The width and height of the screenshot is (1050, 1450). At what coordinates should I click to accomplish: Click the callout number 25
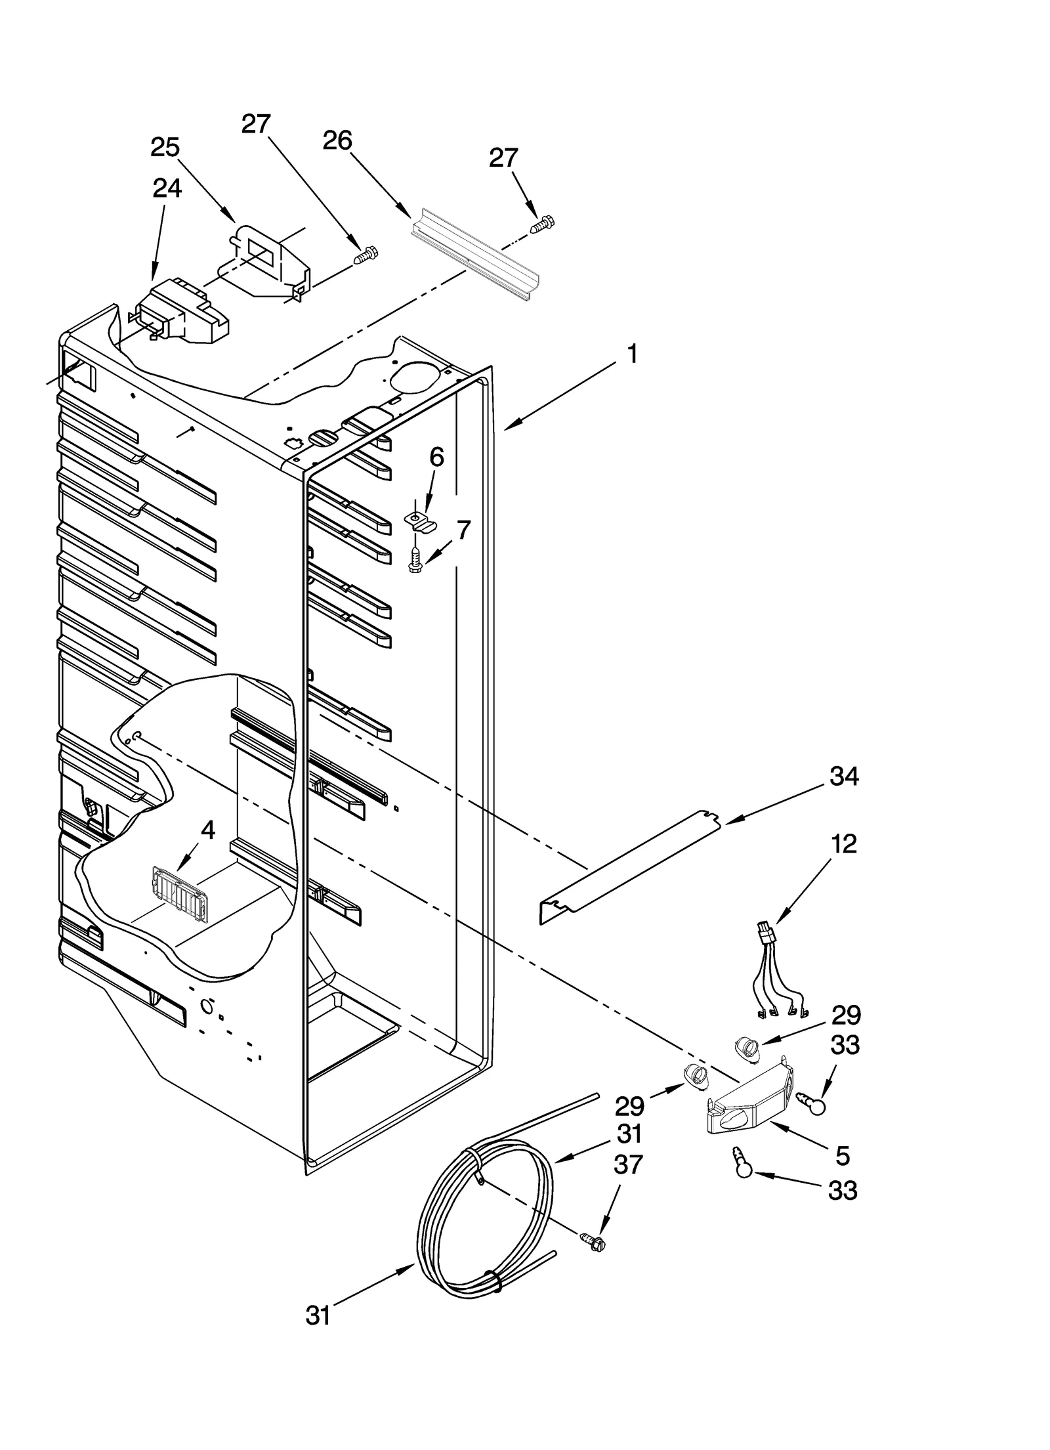click(165, 148)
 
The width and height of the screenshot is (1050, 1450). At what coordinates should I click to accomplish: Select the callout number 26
click(337, 140)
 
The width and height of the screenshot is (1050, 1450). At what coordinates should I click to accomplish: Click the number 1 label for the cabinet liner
click(631, 355)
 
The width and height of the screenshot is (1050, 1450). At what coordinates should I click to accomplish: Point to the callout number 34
click(844, 777)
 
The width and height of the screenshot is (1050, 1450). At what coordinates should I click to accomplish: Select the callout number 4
click(207, 830)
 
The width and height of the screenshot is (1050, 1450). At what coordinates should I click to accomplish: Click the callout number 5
click(843, 1155)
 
